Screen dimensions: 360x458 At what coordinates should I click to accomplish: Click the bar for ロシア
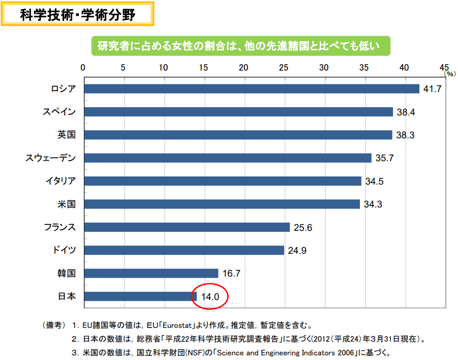coord(252,89)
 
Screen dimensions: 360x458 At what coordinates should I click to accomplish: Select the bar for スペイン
coord(238,112)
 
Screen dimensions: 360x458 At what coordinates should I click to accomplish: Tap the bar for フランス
coord(187,227)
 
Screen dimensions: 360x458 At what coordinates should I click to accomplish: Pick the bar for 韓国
coord(151,274)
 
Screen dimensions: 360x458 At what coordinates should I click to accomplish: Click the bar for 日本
coord(140,296)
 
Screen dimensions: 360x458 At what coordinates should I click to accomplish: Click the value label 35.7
coord(384,158)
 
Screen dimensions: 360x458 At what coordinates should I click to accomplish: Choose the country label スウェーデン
coord(51,158)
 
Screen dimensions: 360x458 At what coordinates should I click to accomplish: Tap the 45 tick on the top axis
coord(444,67)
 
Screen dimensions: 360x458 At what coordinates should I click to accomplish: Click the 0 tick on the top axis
coord(83,67)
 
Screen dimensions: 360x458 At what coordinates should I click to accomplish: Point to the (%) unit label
coord(450,74)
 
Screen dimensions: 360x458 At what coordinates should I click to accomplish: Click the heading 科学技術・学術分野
coord(77,15)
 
